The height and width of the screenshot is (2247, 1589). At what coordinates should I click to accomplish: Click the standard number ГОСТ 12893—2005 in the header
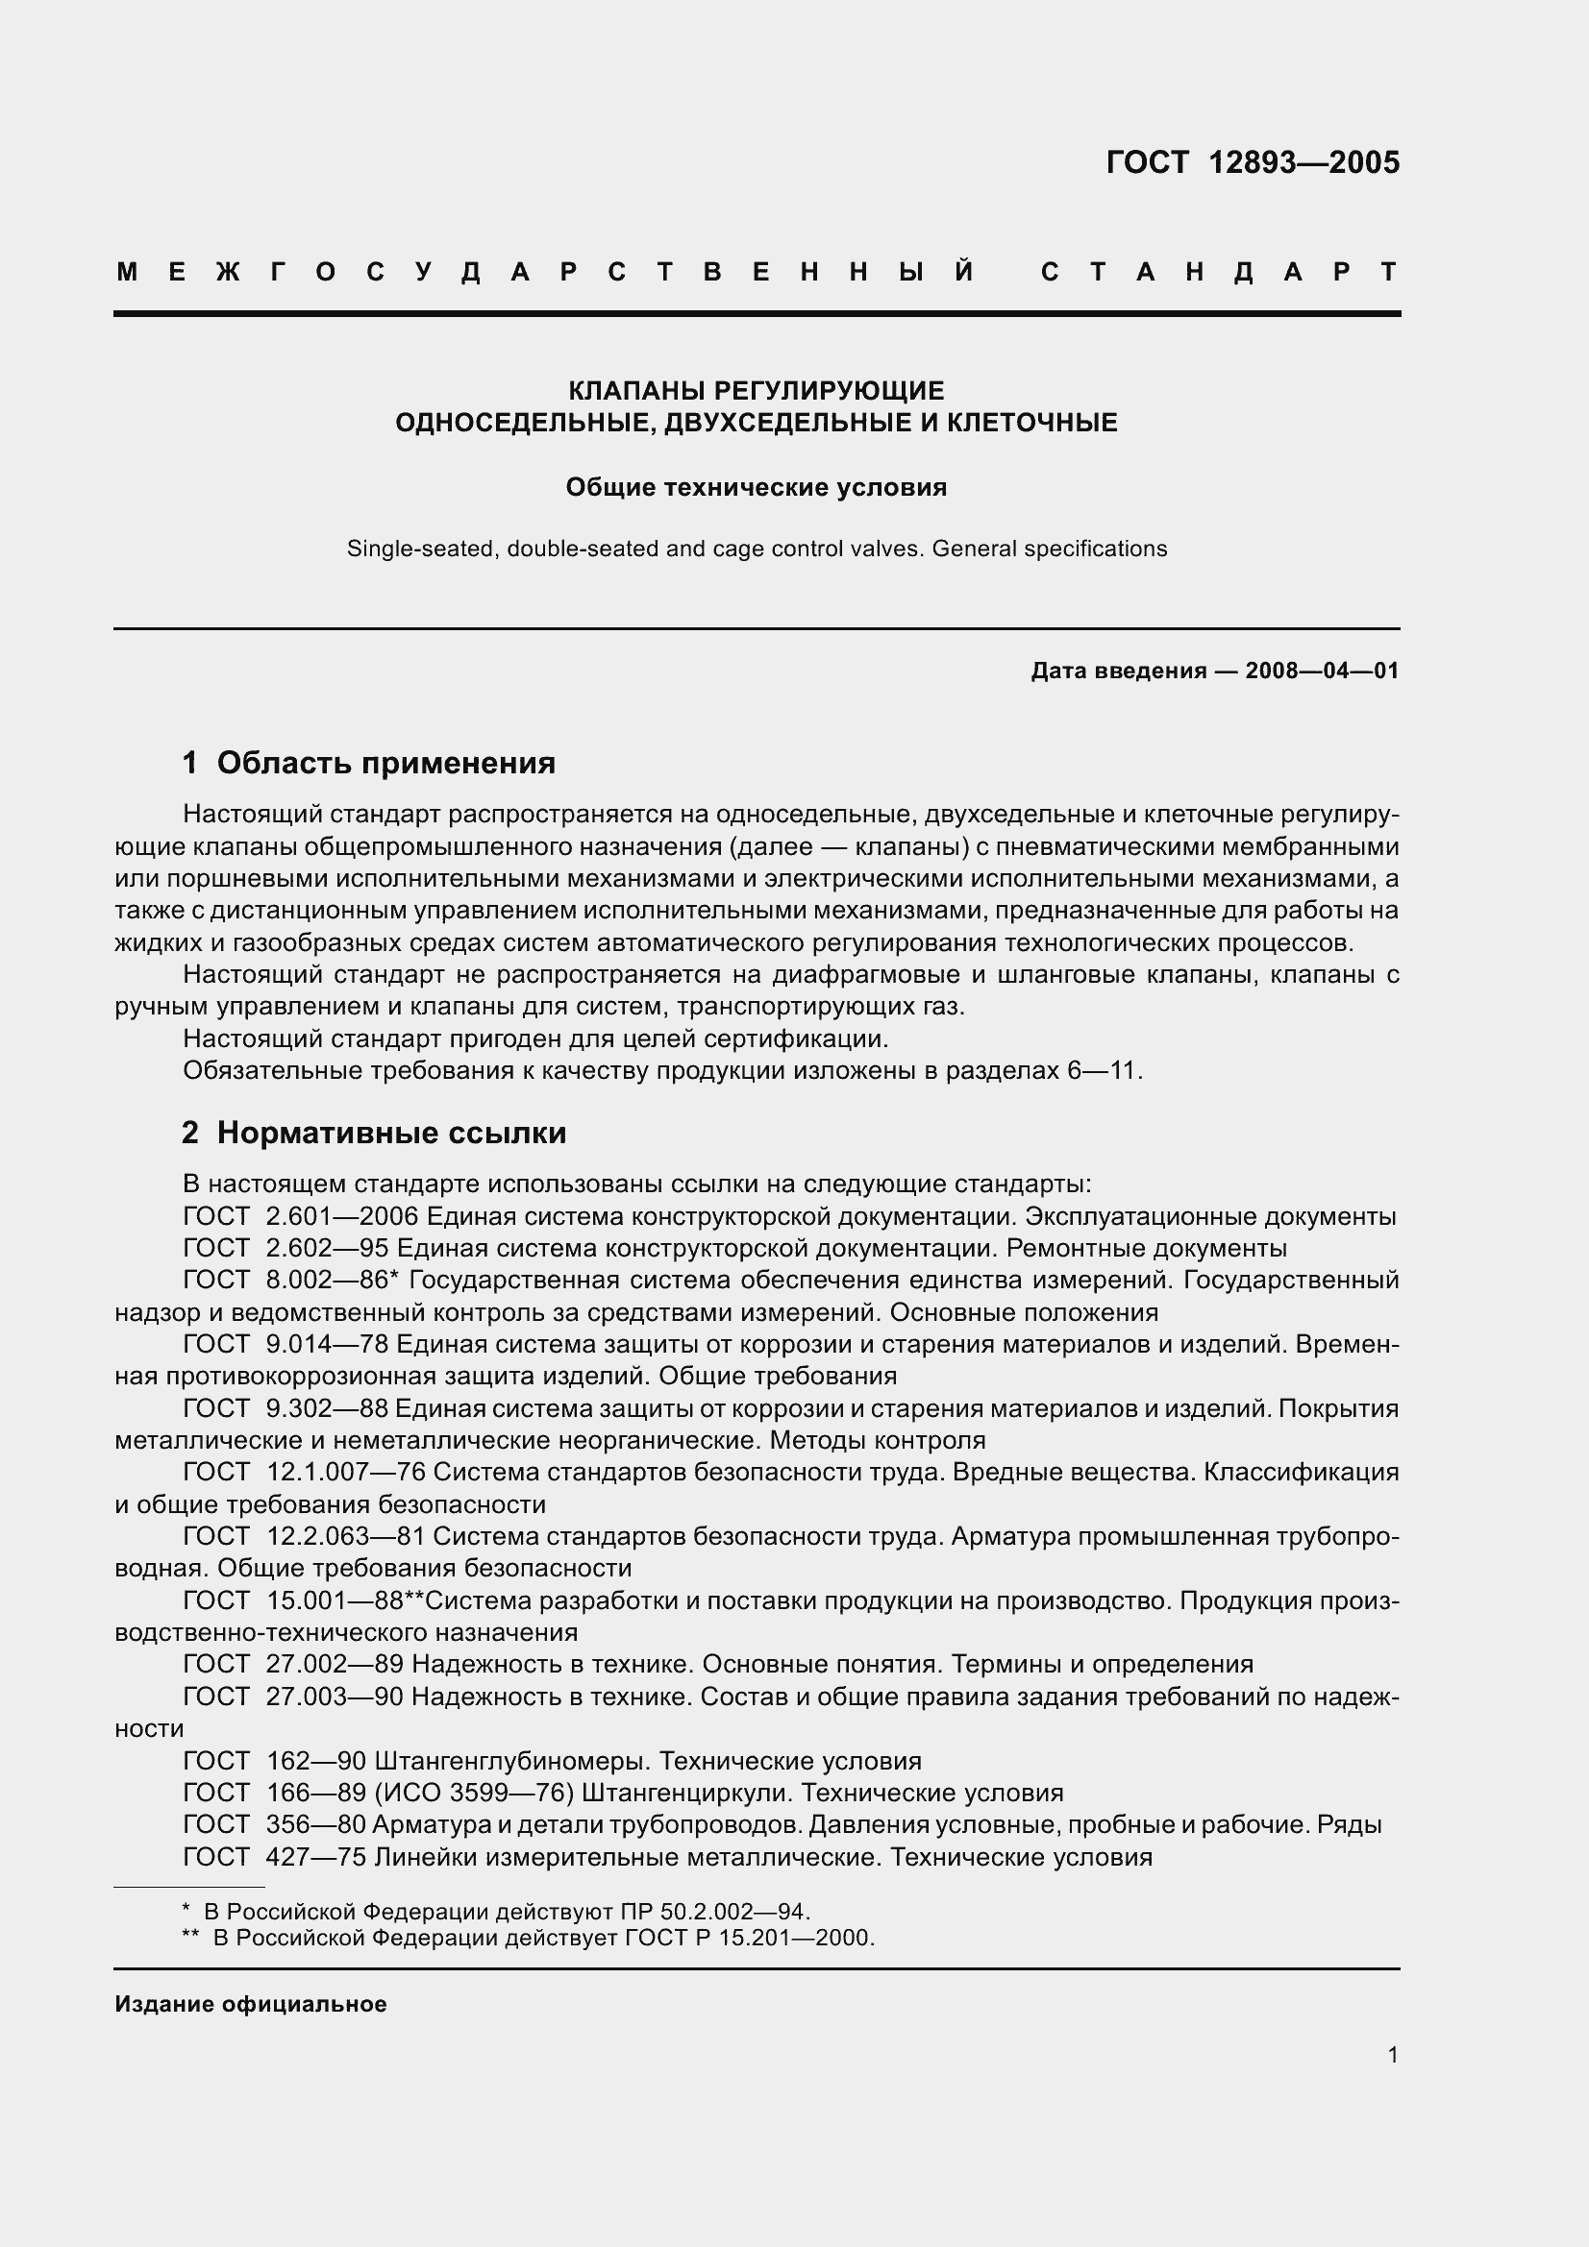[x=1253, y=162]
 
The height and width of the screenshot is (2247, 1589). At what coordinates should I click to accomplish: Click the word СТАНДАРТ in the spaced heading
[x=1220, y=272]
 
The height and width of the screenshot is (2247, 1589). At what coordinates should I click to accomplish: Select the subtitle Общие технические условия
[x=756, y=487]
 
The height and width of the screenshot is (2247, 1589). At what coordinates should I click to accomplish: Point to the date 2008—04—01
[x=1322, y=672]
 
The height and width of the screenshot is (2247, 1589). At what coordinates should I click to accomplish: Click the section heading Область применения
[x=385, y=763]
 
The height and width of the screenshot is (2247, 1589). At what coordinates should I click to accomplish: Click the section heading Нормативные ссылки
[x=391, y=1134]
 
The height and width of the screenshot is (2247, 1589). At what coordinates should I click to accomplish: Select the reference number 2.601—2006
[x=341, y=1217]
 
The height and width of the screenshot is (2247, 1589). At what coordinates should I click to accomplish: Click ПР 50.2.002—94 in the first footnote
[x=714, y=1912]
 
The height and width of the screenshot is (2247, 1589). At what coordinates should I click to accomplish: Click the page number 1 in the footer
[x=1392, y=2055]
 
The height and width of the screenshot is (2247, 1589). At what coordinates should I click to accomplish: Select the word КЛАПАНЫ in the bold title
[x=637, y=391]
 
